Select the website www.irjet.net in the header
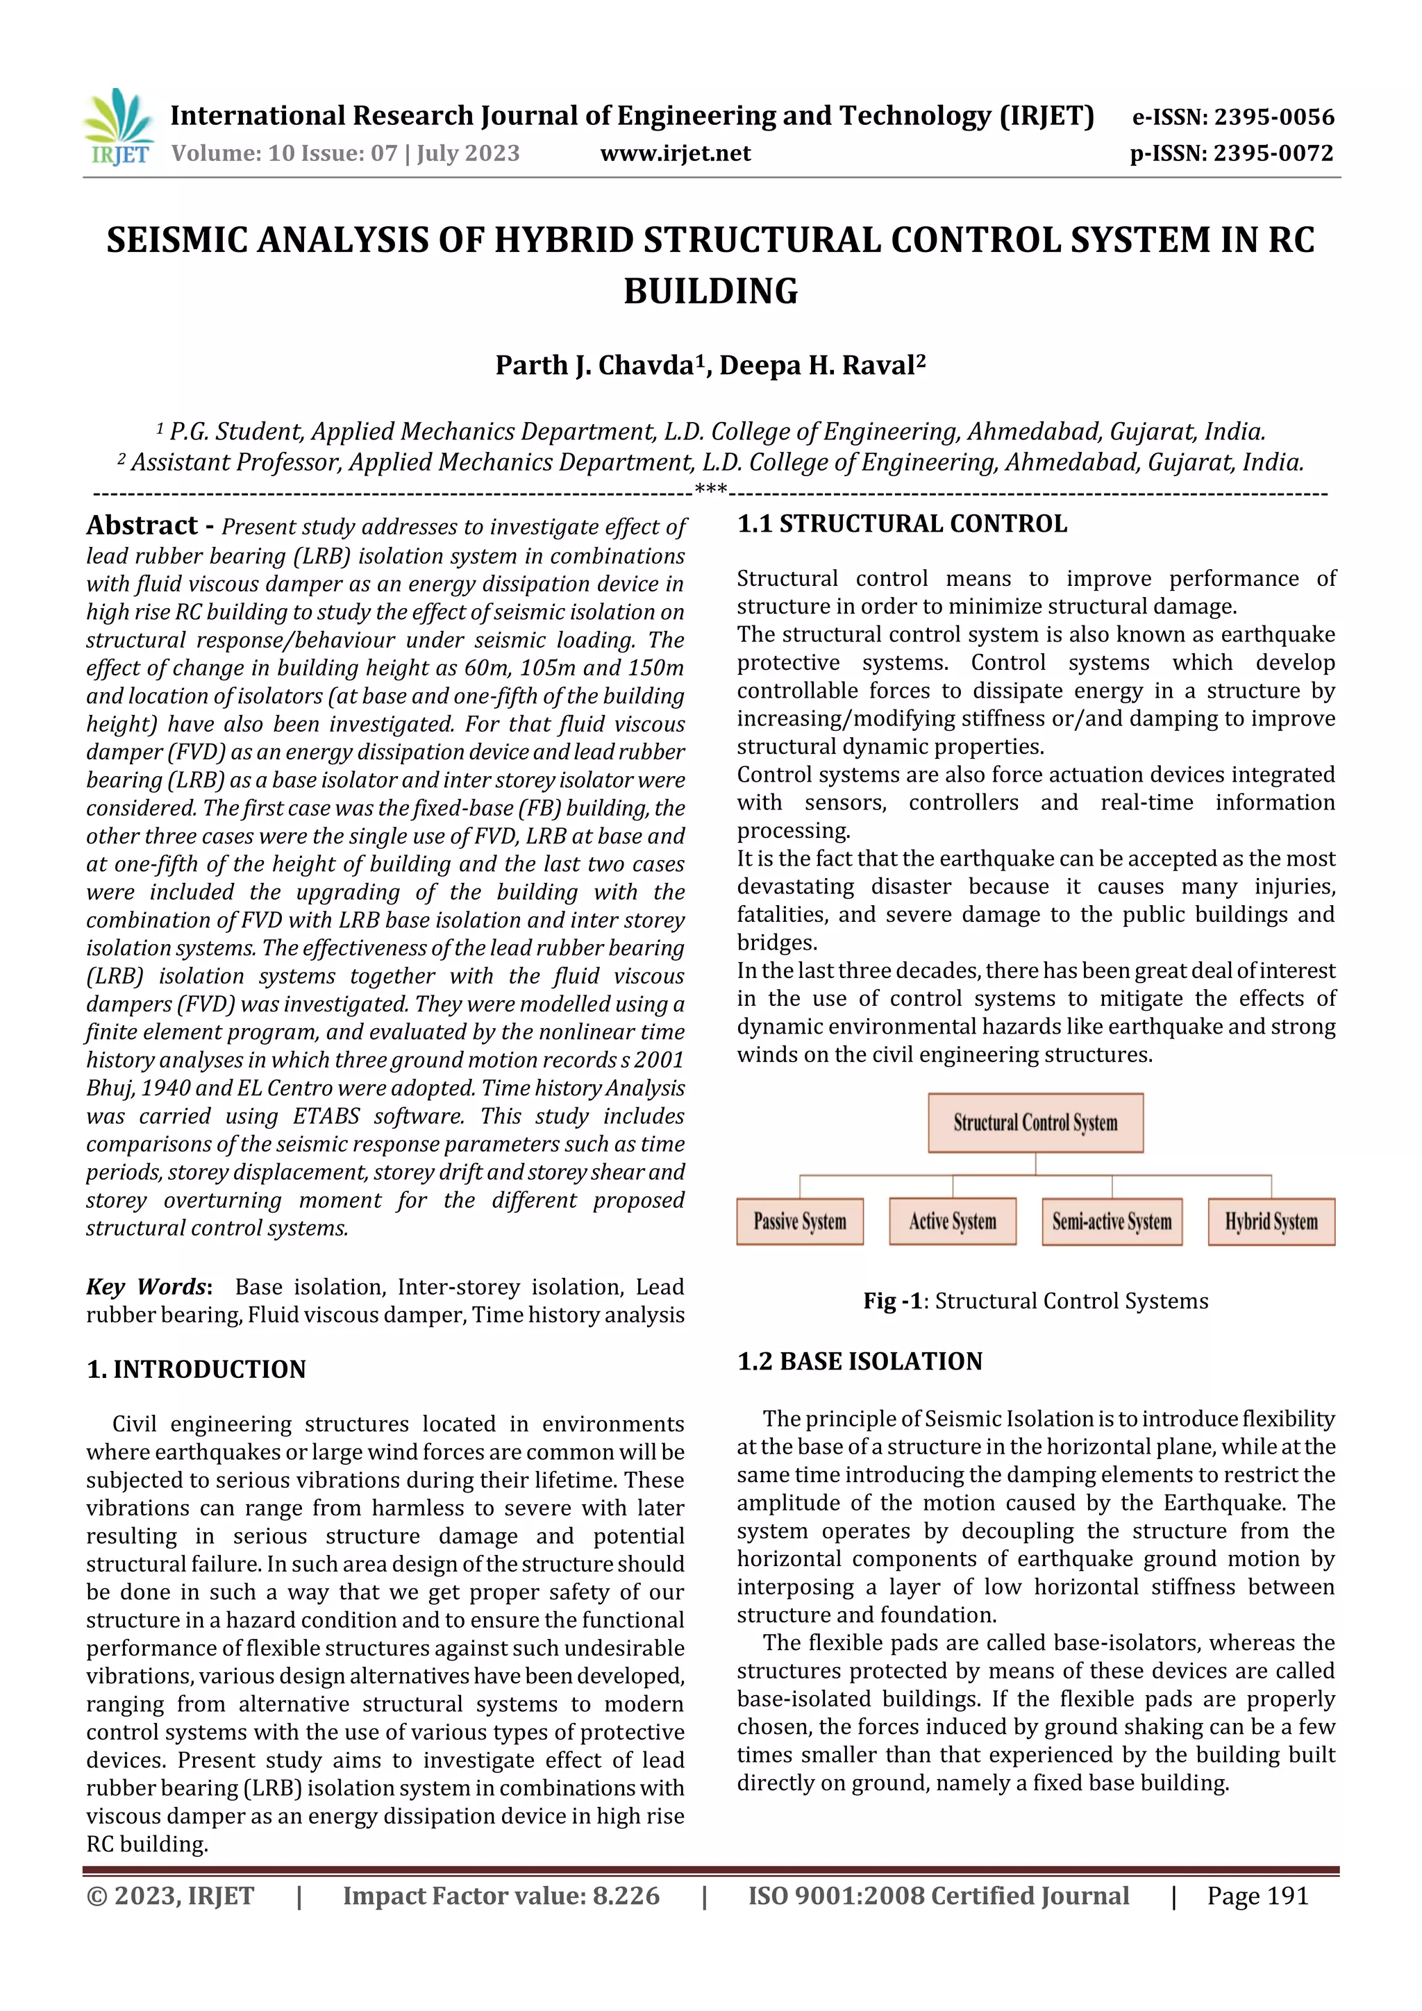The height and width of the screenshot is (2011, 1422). pos(675,154)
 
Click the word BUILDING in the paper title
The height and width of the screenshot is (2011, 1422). pos(710,292)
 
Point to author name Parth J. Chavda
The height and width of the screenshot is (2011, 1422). pos(595,365)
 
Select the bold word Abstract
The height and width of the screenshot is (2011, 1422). pos(142,525)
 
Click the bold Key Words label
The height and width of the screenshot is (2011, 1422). pos(148,1287)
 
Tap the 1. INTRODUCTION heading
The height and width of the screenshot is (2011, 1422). pos(196,1369)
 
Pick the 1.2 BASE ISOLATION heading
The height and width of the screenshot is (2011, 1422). pos(860,1361)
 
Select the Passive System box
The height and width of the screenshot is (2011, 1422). pos(799,1222)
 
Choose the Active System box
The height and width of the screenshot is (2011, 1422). pos(953,1222)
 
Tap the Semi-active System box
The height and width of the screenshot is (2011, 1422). pos(1111,1222)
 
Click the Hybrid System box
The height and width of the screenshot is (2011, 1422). pos(1271,1222)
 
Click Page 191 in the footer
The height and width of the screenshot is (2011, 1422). pos(1257,1896)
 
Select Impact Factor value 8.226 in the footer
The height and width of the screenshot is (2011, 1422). pos(501,1896)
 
